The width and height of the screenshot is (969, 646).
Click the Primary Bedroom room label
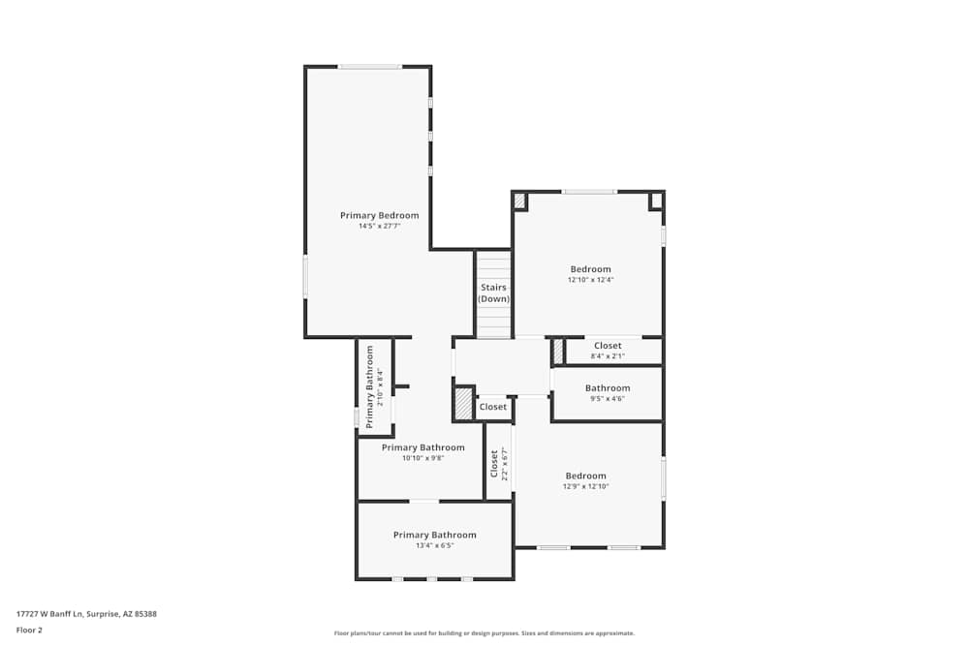[379, 215]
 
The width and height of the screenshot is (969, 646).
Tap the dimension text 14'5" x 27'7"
[379, 226]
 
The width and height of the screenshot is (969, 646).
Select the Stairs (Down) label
[493, 292]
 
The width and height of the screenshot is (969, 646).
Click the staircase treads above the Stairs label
[493, 265]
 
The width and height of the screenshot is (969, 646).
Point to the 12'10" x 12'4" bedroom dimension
[590, 280]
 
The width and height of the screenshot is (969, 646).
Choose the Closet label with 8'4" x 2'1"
[608, 346]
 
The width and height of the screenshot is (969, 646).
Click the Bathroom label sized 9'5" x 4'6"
[607, 388]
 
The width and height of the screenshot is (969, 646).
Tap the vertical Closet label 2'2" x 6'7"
[498, 464]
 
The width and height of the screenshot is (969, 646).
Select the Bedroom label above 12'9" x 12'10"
[585, 476]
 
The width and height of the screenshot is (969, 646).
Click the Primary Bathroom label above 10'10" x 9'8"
[422, 447]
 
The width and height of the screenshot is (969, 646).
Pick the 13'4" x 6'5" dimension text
[434, 545]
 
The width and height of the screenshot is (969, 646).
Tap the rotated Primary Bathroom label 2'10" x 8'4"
[373, 386]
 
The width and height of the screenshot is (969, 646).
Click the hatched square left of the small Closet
[464, 404]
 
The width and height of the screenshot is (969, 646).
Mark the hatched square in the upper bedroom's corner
[520, 200]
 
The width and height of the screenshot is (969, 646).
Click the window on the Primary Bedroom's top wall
[369, 67]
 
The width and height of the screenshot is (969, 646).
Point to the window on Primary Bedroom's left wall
[305, 276]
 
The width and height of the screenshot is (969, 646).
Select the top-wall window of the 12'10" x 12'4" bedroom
[589, 192]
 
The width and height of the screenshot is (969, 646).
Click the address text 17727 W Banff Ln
[86, 613]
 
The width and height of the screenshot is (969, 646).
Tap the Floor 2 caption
[29, 630]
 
